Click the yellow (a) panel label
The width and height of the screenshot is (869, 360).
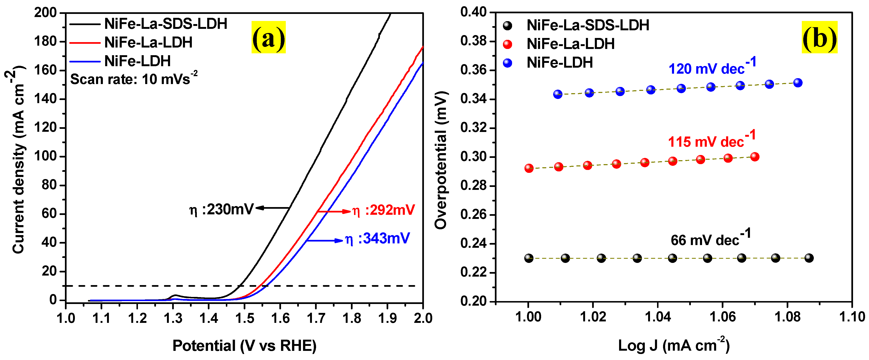click(x=269, y=37)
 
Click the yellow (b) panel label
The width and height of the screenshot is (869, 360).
click(x=819, y=37)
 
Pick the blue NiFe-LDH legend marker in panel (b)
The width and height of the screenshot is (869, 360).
click(x=507, y=63)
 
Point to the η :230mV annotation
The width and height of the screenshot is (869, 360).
click(x=221, y=210)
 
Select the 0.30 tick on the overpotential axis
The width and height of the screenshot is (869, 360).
click(x=474, y=157)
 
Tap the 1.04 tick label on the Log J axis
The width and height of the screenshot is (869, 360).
click(x=657, y=317)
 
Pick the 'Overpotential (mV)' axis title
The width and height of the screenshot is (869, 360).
click(x=441, y=160)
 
